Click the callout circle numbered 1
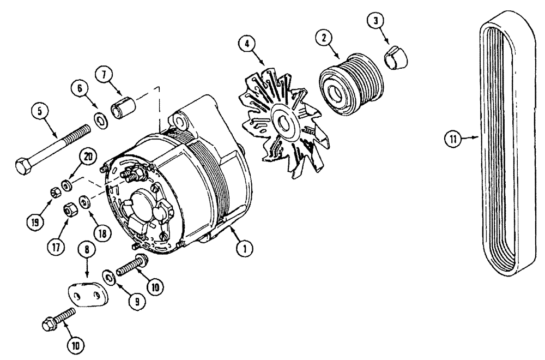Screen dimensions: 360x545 (244, 249)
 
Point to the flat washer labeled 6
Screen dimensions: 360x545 (101, 119)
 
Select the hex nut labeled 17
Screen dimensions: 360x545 (70, 208)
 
